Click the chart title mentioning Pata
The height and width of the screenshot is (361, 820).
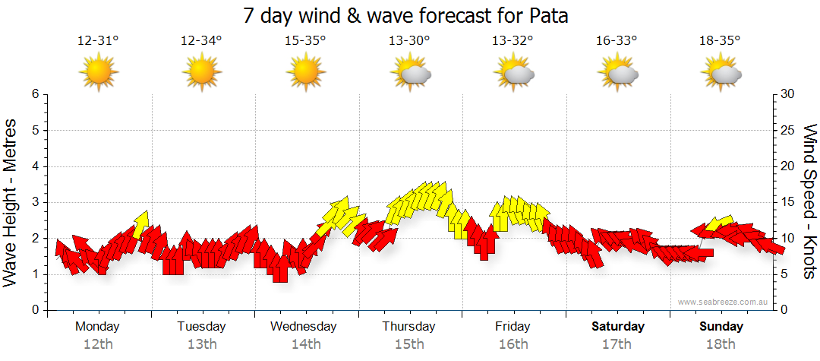pos(406,15)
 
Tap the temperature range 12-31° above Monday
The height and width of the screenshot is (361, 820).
pos(98,41)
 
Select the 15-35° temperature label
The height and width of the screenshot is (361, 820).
pos(305,41)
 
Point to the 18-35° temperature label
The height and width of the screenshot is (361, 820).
pos(720,41)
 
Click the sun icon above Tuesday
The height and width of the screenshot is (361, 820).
pos(201,73)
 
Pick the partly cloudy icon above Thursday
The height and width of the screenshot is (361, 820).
pos(411,73)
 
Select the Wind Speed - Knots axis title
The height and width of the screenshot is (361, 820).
pos(809,202)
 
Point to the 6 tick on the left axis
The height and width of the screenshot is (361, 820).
pos(34,94)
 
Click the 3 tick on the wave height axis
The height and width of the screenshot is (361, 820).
pos(34,202)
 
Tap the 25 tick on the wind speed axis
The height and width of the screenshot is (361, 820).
pos(789,130)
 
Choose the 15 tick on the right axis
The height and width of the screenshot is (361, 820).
pos(789,202)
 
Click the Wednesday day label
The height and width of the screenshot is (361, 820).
pos(304,327)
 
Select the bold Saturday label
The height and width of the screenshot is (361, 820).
pos(618,327)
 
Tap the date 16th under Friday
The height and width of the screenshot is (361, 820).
pos(513,344)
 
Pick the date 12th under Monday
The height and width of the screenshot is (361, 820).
pos(98,344)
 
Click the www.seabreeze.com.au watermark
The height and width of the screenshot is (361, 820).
pos(724,302)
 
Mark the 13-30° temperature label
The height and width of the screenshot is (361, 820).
pos(409,41)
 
